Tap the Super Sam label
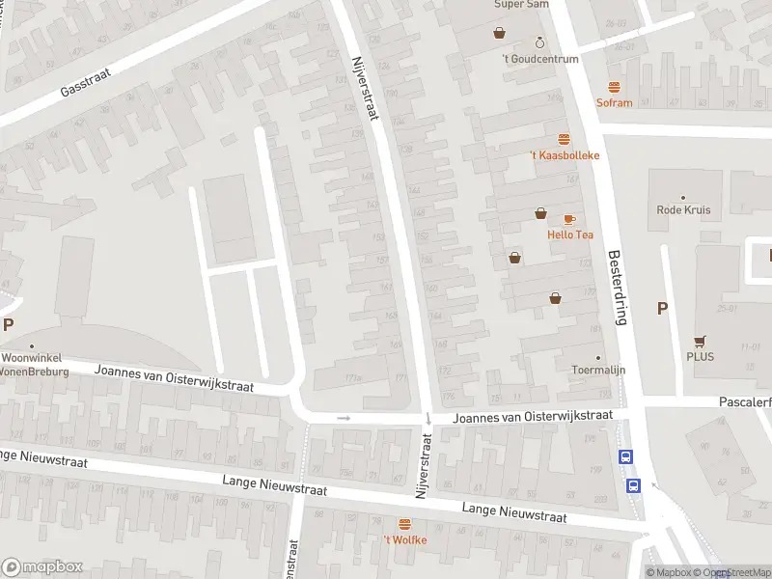(x=521, y=5)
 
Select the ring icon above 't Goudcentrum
(x=539, y=43)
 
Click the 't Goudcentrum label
(x=540, y=59)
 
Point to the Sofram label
(x=614, y=103)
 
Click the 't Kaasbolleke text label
(x=565, y=155)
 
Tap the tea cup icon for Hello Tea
(x=569, y=220)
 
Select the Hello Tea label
(x=570, y=234)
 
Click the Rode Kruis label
(x=683, y=210)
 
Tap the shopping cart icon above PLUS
(x=699, y=341)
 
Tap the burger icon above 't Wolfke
(x=404, y=524)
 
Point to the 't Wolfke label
(x=404, y=539)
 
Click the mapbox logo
(x=42, y=567)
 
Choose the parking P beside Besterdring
(x=662, y=309)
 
